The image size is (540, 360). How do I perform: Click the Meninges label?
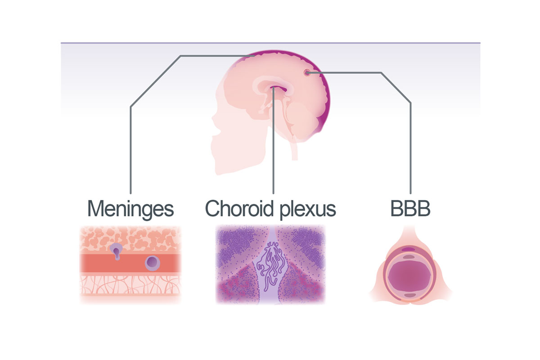(130, 209)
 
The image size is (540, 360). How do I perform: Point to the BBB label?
(410, 209)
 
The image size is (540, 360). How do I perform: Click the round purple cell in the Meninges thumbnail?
(153, 261)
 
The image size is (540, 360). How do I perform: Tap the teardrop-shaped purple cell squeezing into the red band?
(117, 251)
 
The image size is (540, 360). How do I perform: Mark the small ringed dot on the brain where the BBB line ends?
(307, 72)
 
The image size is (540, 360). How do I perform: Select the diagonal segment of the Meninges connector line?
(155, 81)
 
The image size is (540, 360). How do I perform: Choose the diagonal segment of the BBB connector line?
(396, 88)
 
